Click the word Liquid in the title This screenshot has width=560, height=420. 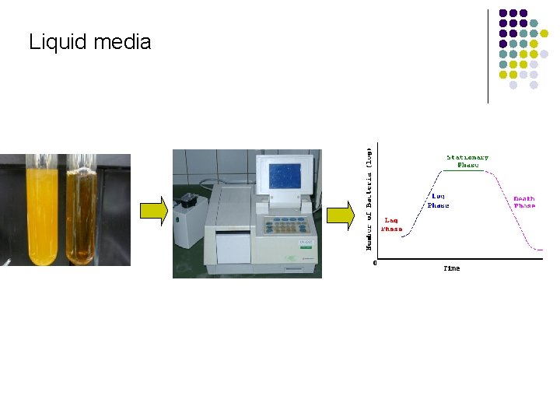coord(58,42)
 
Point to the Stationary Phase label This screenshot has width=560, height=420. coord(467,161)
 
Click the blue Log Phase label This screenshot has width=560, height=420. coord(438,201)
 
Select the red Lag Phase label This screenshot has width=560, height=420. coord(391,225)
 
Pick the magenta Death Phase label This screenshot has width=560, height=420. coord(524,202)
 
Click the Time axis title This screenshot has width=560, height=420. coord(451,268)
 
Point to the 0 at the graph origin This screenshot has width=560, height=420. coord(375,263)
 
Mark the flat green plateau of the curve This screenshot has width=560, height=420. coord(465,171)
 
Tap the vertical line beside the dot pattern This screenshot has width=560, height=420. coord(488,54)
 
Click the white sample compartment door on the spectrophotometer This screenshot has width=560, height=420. coord(233,247)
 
